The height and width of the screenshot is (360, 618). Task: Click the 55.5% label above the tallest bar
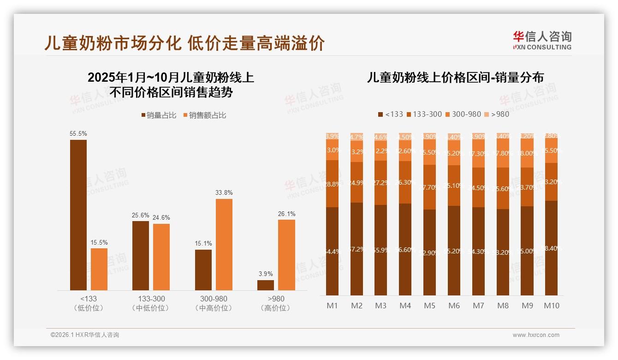78,133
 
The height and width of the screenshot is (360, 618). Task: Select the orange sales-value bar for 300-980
224,244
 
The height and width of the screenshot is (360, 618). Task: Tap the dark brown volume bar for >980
265,285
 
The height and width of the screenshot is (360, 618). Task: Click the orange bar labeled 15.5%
99,269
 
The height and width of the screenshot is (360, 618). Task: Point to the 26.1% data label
286,214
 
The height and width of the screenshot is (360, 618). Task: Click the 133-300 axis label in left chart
151,299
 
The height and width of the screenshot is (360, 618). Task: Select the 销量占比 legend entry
159,115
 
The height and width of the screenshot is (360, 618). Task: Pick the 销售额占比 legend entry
205,115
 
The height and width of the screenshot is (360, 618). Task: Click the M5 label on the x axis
429,306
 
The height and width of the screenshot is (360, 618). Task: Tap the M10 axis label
552,306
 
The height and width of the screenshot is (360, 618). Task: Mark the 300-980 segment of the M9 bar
527,154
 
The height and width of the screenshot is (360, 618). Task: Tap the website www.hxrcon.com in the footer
535,335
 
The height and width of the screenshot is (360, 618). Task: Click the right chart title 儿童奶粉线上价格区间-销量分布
455,78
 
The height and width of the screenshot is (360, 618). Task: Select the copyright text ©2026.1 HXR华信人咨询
84,335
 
